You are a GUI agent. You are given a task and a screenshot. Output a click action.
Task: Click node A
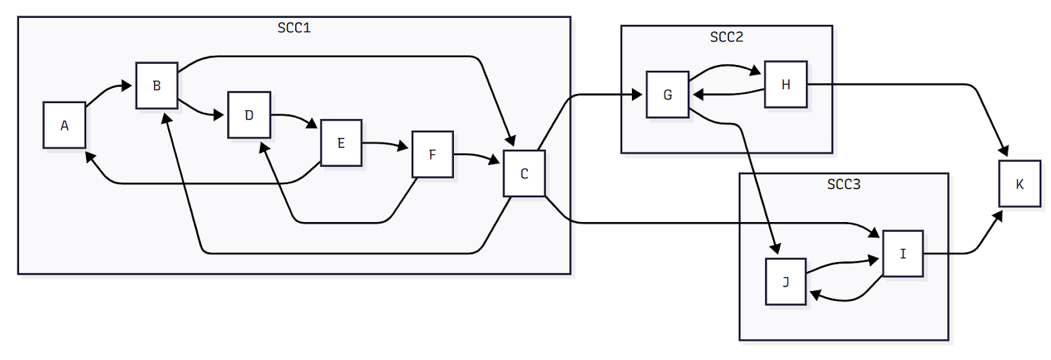tap(64, 125)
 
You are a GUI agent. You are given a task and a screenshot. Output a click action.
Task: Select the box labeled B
tap(156, 85)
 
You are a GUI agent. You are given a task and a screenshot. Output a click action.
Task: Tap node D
tap(249, 116)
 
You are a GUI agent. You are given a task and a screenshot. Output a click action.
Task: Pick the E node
tap(341, 143)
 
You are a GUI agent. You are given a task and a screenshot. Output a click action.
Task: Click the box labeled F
tap(432, 155)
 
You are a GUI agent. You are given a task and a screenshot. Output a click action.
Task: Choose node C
tap(524, 174)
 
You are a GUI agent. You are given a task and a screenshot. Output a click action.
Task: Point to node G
tap(667, 95)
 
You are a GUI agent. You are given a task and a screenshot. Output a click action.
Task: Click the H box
tap(786, 85)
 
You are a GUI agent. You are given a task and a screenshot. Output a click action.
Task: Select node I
tap(903, 254)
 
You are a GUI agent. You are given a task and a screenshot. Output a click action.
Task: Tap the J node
tap(786, 282)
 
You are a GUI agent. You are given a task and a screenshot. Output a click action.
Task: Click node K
tap(1019, 184)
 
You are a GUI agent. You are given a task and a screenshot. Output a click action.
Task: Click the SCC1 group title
tap(294, 28)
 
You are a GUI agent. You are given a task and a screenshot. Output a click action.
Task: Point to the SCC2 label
tap(727, 37)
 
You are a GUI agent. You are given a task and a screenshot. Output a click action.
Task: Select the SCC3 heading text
tap(843, 184)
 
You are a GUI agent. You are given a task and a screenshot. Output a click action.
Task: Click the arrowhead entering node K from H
tap(1004, 152)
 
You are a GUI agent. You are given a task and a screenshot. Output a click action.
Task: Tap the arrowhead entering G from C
tap(637, 95)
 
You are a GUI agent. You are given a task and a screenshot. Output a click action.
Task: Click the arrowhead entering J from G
tap(776, 249)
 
